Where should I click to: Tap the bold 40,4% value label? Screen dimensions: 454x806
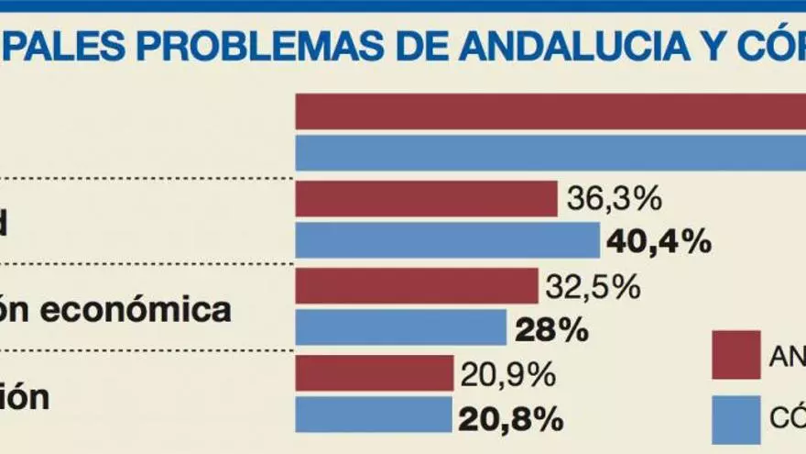658,241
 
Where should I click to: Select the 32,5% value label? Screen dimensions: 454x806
592,287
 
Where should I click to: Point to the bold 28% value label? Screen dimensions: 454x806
551,329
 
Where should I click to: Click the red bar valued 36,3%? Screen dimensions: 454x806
427,198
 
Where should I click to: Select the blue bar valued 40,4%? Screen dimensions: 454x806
448,240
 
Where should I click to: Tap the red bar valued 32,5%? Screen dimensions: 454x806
417,286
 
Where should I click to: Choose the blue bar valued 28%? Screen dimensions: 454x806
401,328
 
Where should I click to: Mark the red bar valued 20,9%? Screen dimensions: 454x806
375,373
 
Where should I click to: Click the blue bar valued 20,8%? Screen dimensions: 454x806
374,415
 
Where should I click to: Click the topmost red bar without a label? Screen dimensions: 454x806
550,111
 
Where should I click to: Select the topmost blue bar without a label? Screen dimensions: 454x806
550,152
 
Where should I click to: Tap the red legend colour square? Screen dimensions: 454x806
736,355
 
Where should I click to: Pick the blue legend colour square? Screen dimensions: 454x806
736,419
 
